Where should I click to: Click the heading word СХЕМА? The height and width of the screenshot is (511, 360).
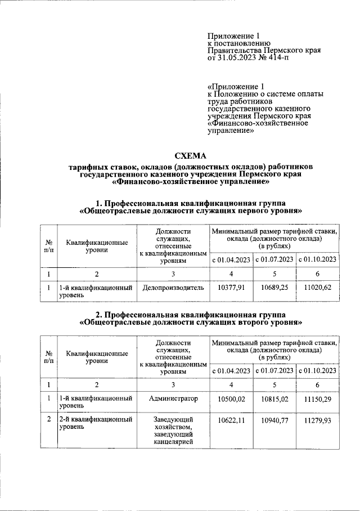tap(191, 156)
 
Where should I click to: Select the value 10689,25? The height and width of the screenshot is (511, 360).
tap(274, 287)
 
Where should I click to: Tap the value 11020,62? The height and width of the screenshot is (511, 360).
tap(318, 287)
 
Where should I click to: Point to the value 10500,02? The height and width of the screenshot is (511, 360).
tap(231, 398)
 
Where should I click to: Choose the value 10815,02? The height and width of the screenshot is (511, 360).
tap(274, 398)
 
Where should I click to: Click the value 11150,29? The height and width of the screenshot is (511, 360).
tap(318, 398)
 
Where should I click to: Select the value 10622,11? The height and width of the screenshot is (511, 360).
tap(231, 420)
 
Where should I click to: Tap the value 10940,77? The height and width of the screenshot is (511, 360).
tap(274, 420)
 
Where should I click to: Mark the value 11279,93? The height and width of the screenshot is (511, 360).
tap(318, 420)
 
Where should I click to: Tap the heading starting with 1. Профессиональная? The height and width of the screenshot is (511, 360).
tap(191, 203)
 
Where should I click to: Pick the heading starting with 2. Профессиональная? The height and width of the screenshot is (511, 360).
tap(191, 313)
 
